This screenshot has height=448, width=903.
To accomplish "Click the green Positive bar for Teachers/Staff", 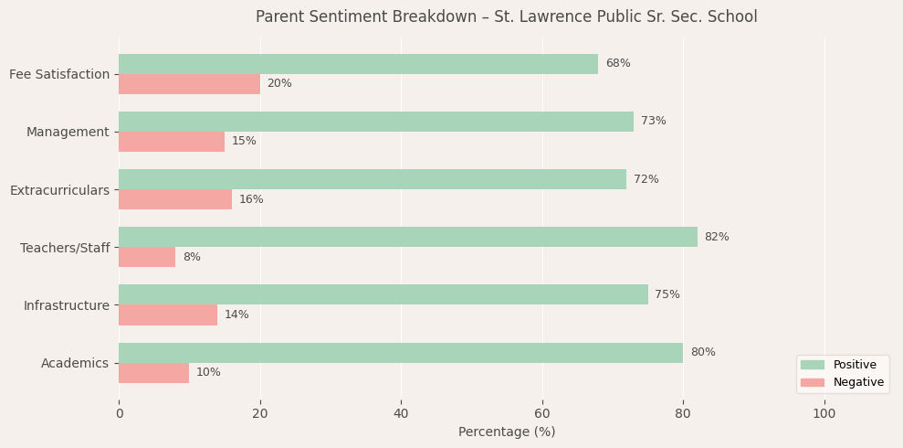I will (407, 237).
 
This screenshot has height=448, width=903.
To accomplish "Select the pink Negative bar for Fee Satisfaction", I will (189, 84).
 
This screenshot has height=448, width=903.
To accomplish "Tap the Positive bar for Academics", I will (400, 353).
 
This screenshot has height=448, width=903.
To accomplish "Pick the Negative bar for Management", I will (172, 142).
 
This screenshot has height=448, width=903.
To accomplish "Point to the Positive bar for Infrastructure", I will (383, 294).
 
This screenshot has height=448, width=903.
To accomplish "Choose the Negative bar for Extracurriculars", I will (175, 199).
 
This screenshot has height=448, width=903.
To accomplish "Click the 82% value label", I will (717, 237).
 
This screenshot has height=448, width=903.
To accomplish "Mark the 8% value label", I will (192, 258).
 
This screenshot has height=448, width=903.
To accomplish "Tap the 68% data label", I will (618, 64).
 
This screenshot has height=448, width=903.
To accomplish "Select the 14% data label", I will (236, 315).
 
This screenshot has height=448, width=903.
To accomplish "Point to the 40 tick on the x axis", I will (401, 413).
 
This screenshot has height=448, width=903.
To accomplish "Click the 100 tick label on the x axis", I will (824, 413).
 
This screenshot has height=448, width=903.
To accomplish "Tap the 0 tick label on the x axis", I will (119, 413).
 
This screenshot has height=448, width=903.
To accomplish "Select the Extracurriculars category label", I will (59, 190).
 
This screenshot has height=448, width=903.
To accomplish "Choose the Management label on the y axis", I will (68, 133).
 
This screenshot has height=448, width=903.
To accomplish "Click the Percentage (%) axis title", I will (507, 432).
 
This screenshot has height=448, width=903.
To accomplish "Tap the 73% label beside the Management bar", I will (654, 122).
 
